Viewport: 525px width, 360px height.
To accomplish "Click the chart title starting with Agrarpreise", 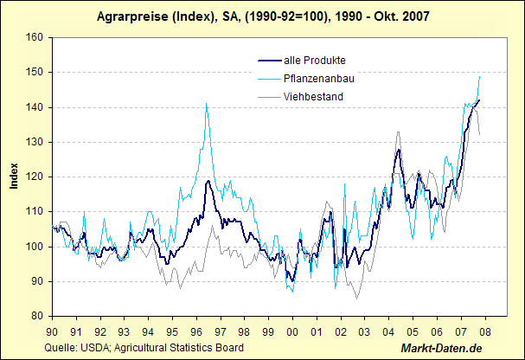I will click(262, 16).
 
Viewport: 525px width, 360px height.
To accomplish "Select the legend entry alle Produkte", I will click(315, 59).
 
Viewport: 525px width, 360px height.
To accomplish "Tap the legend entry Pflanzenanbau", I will click(319, 78).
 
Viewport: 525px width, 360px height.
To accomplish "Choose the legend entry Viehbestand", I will click(314, 97).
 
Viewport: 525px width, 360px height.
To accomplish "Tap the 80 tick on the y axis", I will click(37, 316).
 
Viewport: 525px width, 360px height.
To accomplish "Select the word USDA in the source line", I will click(90, 348).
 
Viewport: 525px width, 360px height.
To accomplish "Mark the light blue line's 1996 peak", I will click(206, 104).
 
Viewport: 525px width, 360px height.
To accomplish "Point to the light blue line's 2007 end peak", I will click(479, 76).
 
